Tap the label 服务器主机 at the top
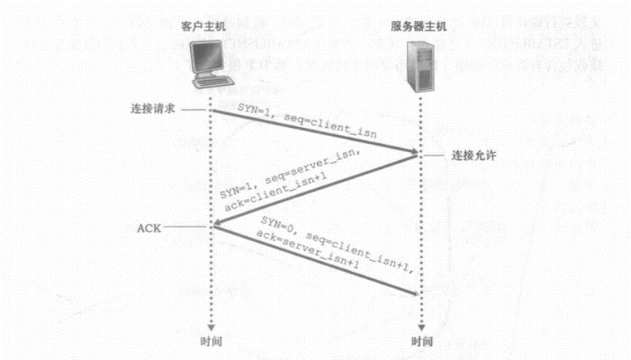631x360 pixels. point(418,28)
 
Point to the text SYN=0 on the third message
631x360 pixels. point(280,225)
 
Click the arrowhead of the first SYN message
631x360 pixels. point(413,152)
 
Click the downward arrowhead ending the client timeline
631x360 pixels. point(210,324)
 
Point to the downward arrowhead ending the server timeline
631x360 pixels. point(419,324)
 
